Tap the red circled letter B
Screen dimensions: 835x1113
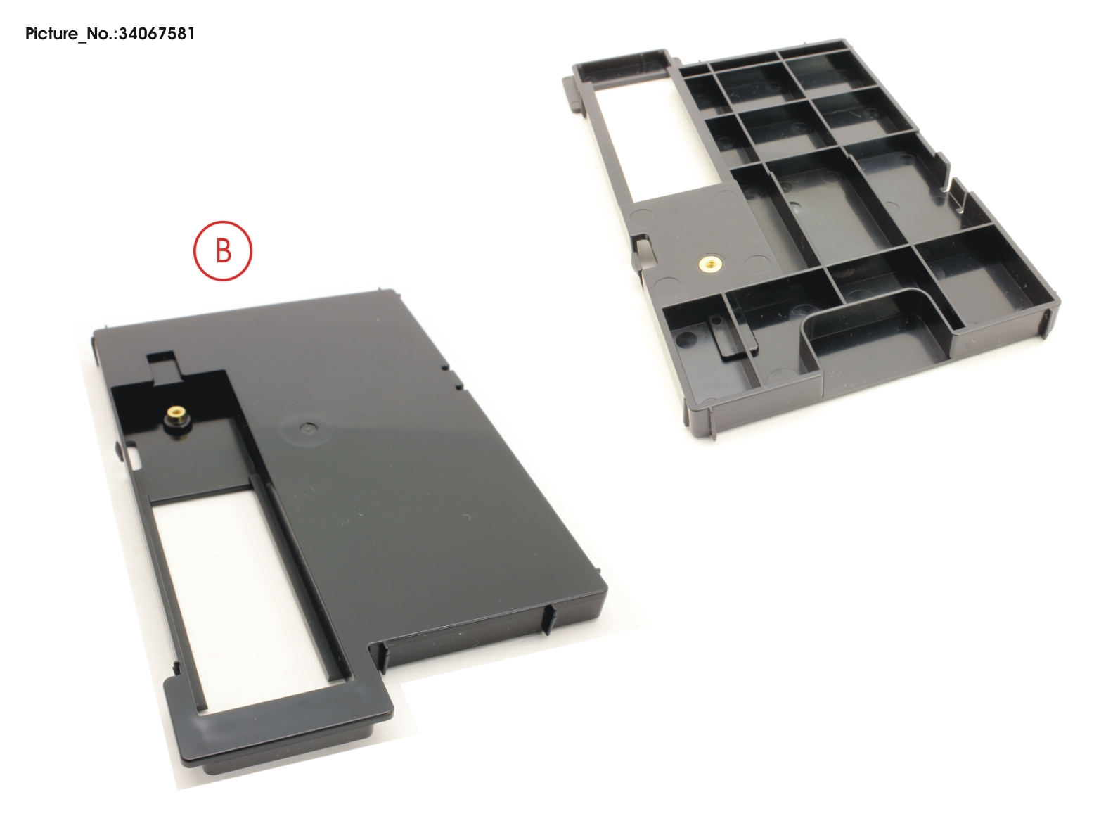coord(223,250)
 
